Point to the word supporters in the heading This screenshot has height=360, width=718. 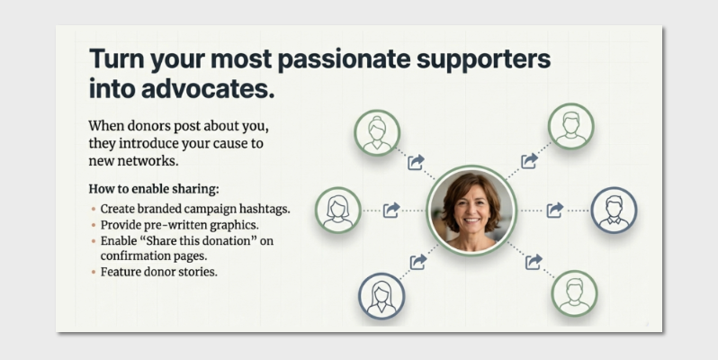click(489, 60)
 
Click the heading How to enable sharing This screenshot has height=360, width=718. click(154, 189)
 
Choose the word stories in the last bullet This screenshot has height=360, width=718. click(199, 271)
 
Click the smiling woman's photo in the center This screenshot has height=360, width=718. click(471, 211)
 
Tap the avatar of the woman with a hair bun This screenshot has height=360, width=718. click(376, 131)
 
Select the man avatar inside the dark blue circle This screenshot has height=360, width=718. click(615, 210)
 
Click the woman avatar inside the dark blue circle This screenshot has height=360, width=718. click(381, 295)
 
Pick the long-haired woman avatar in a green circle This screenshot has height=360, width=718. click(338, 210)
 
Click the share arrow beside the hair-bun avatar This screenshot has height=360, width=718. click(416, 162)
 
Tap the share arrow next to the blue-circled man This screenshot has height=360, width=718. click(555, 210)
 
